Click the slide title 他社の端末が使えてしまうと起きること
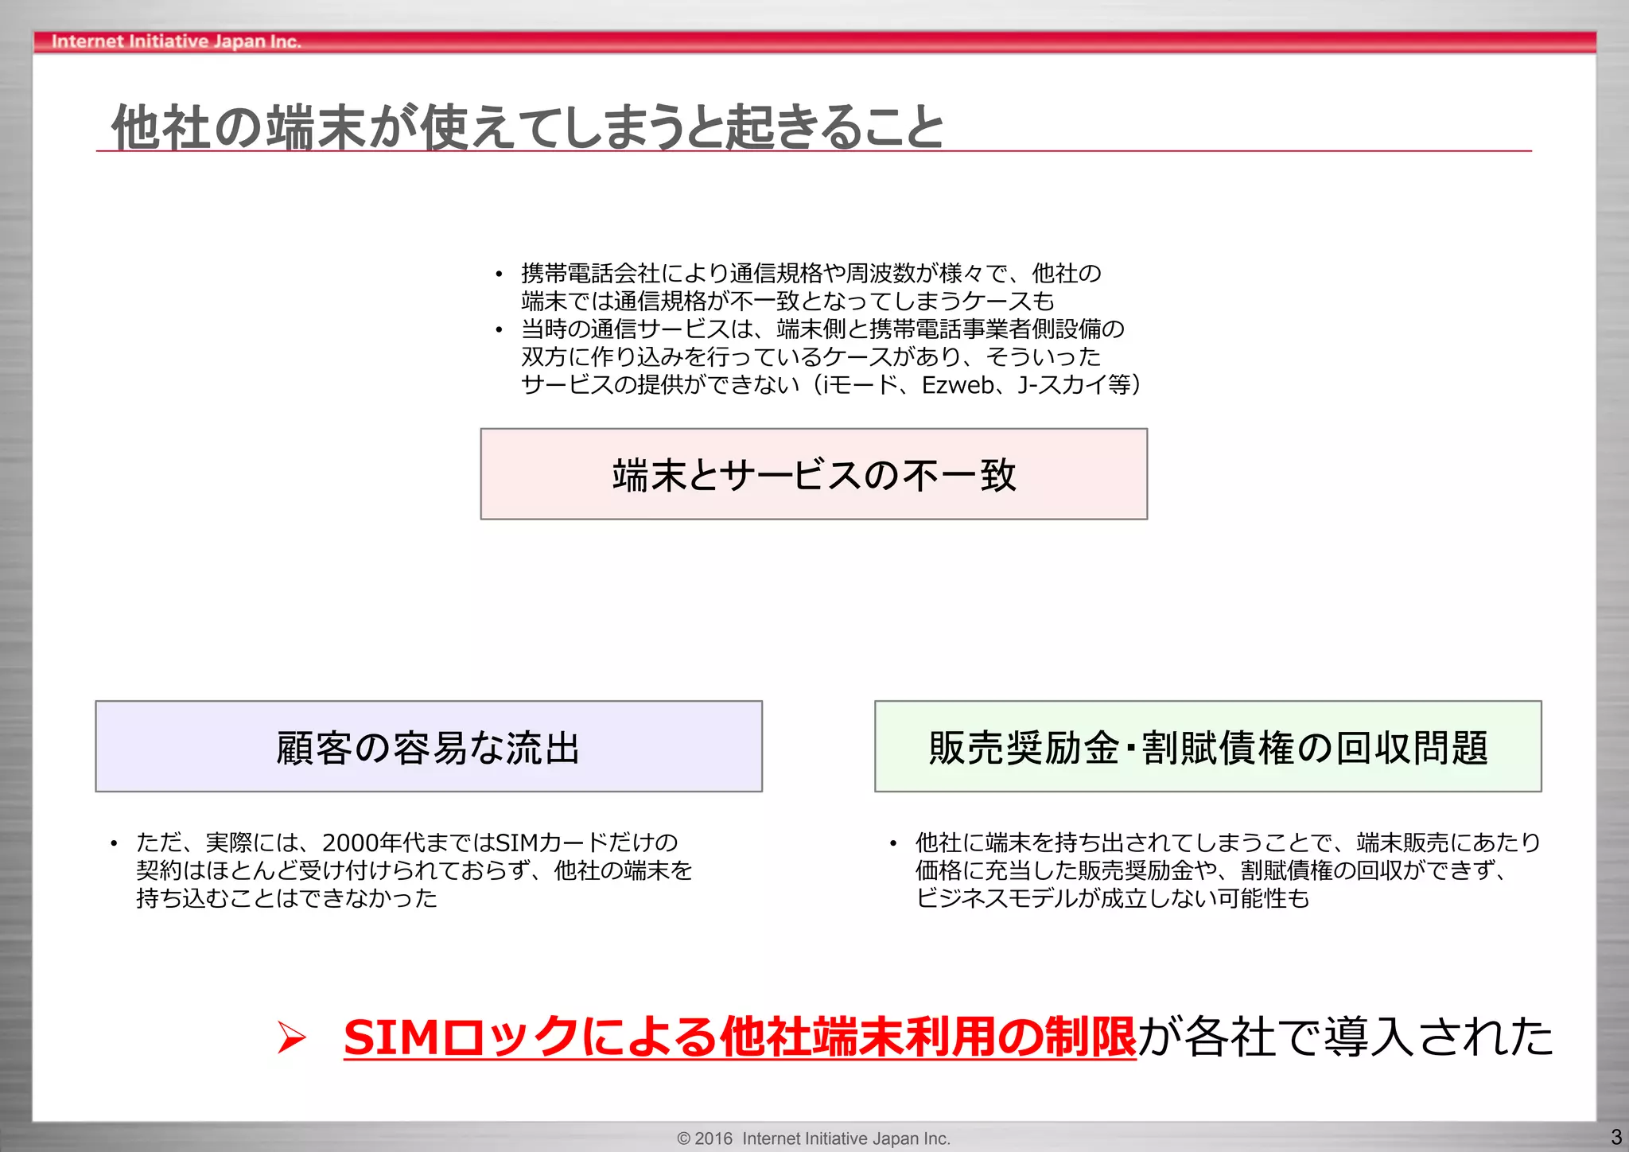coord(527,127)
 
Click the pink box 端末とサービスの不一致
coord(814,475)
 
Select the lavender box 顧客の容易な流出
coord(428,747)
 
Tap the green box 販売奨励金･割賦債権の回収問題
coord(1207,747)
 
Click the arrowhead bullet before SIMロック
coord(291,1037)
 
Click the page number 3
coord(1615,1137)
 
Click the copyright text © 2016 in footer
coord(704,1138)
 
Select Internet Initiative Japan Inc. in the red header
coord(176,41)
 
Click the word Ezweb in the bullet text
coord(958,385)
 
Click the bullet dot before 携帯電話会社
coord(499,275)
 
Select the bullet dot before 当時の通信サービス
coord(499,330)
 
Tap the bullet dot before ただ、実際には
coord(115,843)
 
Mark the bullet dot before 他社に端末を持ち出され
coord(893,843)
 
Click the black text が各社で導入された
coord(1344,1037)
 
